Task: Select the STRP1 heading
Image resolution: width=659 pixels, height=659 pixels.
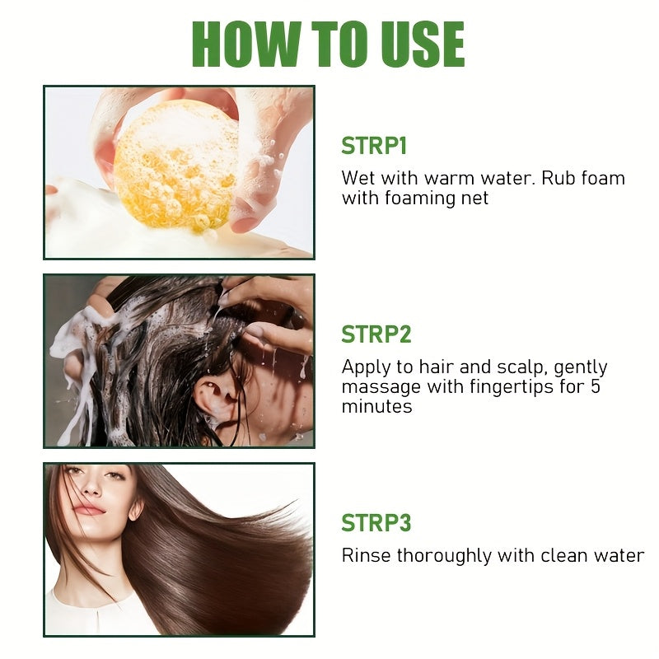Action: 374,147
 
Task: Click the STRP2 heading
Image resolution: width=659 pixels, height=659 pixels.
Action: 376,334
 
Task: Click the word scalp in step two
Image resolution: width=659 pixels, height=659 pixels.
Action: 512,367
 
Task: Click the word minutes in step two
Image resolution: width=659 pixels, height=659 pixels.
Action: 376,406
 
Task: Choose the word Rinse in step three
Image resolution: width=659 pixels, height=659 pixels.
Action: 366,555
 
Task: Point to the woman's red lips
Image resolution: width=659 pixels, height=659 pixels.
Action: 89,510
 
